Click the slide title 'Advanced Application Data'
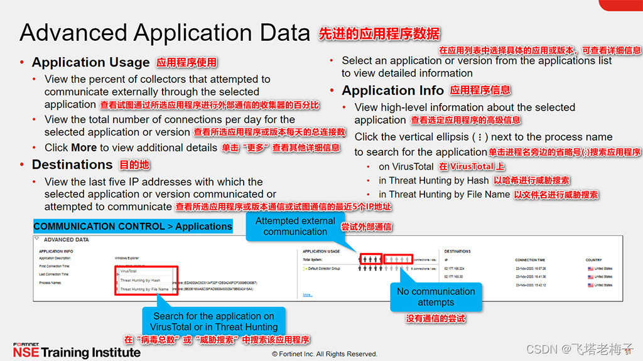pos(165,32)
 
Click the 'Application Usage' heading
pos(90,62)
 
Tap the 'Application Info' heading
pos(392,90)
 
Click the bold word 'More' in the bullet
pos(84,148)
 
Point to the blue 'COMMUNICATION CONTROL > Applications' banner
pos(132,226)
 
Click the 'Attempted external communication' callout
pos(295,226)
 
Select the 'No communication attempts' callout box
pos(436,296)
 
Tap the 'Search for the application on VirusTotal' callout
pos(213,321)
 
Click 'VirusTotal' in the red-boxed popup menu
pos(129,271)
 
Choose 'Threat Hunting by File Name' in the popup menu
pos(144,289)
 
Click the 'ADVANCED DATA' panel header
pos(66,240)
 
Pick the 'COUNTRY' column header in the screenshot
pos(593,259)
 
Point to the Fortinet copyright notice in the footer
pos(325,354)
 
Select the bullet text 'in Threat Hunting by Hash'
pos(433,181)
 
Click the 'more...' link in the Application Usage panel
pos(308,294)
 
